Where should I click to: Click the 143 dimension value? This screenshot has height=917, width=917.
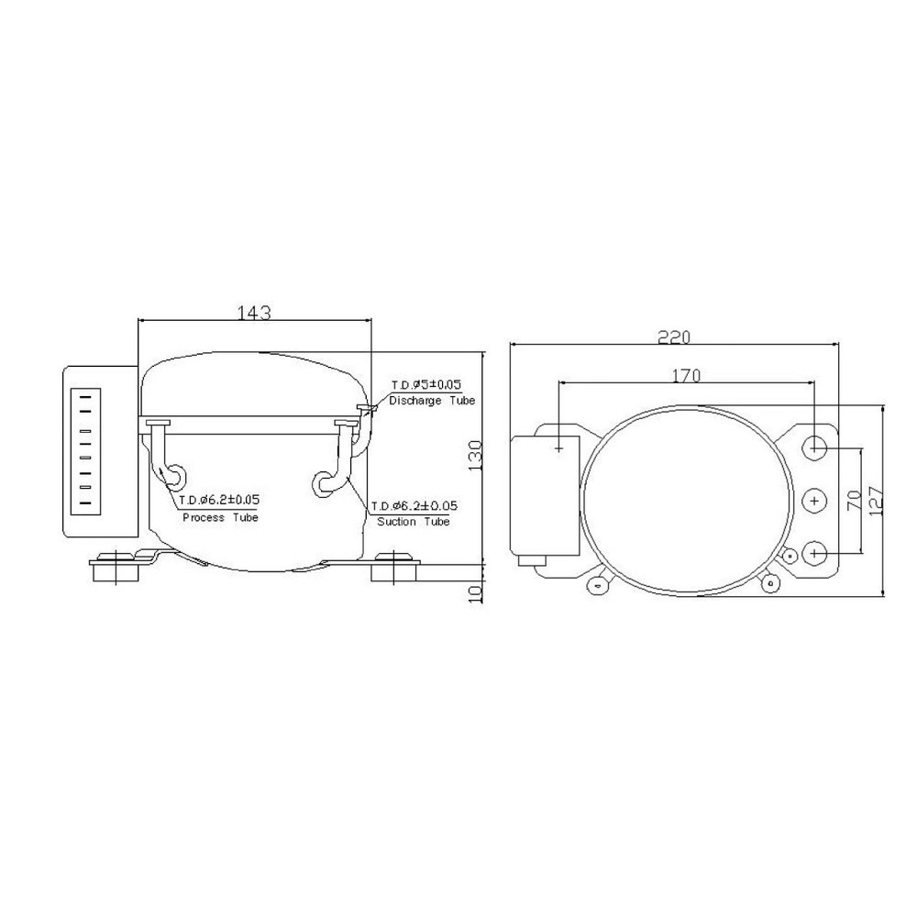coord(254,312)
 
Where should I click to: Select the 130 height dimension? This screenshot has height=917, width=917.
coord(475,453)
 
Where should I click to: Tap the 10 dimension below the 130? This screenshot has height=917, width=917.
coord(475,592)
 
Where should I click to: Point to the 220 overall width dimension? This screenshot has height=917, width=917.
coord(674,337)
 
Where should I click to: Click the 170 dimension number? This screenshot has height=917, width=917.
coord(685,374)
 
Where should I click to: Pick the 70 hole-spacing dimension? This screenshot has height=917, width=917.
coord(853,501)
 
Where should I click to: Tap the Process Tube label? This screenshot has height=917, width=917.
coord(220,518)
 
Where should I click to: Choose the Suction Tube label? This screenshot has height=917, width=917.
coord(414,521)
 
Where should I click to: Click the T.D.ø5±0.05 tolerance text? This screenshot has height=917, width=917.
coord(426,385)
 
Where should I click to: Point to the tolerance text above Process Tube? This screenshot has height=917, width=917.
coord(219,500)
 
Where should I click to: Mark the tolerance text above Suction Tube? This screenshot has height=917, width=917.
coord(414,505)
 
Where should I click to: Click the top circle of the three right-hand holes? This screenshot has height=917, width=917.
coord(815,447)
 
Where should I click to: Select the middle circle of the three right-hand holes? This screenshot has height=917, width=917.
coord(815,501)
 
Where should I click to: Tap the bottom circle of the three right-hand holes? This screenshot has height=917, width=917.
coord(815,553)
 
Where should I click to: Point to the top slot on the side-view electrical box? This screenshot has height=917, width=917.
coord(84,397)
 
